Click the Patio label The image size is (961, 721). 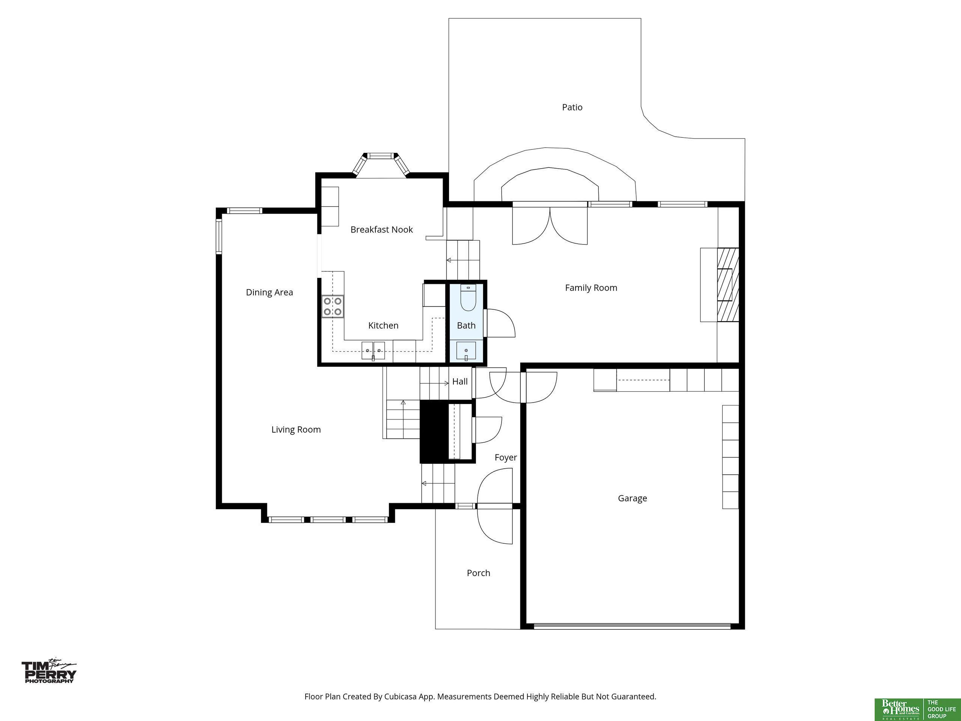click(572, 107)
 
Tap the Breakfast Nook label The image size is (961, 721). click(381, 229)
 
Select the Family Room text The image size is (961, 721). click(591, 288)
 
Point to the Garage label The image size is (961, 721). click(632, 498)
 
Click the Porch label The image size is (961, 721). click(478, 573)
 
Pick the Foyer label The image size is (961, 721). click(506, 458)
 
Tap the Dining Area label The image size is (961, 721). click(270, 293)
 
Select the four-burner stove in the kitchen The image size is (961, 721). click(332, 306)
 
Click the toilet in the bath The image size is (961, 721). click(468, 298)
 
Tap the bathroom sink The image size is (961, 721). click(466, 351)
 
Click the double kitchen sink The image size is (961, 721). click(373, 351)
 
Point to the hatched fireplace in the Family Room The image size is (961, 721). click(728, 285)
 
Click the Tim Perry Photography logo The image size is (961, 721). click(49, 671)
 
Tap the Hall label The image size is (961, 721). click(459, 382)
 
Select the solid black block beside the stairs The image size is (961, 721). click(434, 431)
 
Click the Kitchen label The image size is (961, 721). click(383, 326)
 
